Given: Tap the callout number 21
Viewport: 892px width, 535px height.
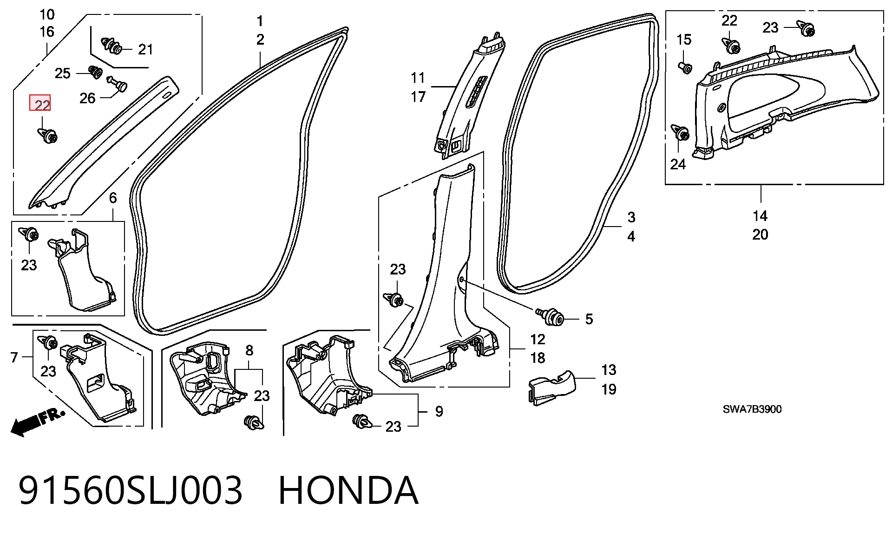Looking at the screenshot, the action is (x=145, y=49).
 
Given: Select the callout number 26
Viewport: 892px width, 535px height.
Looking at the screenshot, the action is (x=87, y=98).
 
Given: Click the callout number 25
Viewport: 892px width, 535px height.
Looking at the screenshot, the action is (x=63, y=74).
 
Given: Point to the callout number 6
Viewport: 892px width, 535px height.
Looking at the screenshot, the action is (x=113, y=198).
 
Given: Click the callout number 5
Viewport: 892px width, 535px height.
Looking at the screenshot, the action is (x=589, y=319).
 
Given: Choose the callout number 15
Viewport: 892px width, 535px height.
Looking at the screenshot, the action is (x=684, y=40).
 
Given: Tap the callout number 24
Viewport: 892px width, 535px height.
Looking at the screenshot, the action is (x=678, y=164).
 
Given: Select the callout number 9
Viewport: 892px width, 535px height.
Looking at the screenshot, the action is (x=439, y=412).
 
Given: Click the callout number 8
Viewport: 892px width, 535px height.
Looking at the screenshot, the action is (x=249, y=350).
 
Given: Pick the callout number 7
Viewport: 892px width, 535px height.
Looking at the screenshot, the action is (x=14, y=357).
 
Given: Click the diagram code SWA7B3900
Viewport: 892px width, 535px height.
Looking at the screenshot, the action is (x=752, y=409).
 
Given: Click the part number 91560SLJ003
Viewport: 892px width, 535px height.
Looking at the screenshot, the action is (x=131, y=490).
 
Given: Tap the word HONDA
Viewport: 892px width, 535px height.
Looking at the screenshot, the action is (x=348, y=490).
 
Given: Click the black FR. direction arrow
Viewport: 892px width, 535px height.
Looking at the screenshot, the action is (x=37, y=422).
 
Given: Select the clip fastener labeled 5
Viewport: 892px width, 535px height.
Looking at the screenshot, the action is (x=551, y=317).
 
